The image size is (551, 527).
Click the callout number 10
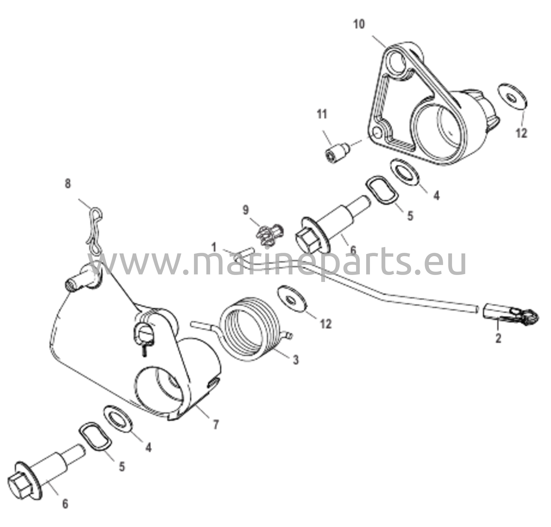359,24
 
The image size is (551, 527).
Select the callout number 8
68,184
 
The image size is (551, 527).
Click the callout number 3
296,359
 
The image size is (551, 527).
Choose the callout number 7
216,425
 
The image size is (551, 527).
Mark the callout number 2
498,338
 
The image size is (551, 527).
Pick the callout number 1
214,248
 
